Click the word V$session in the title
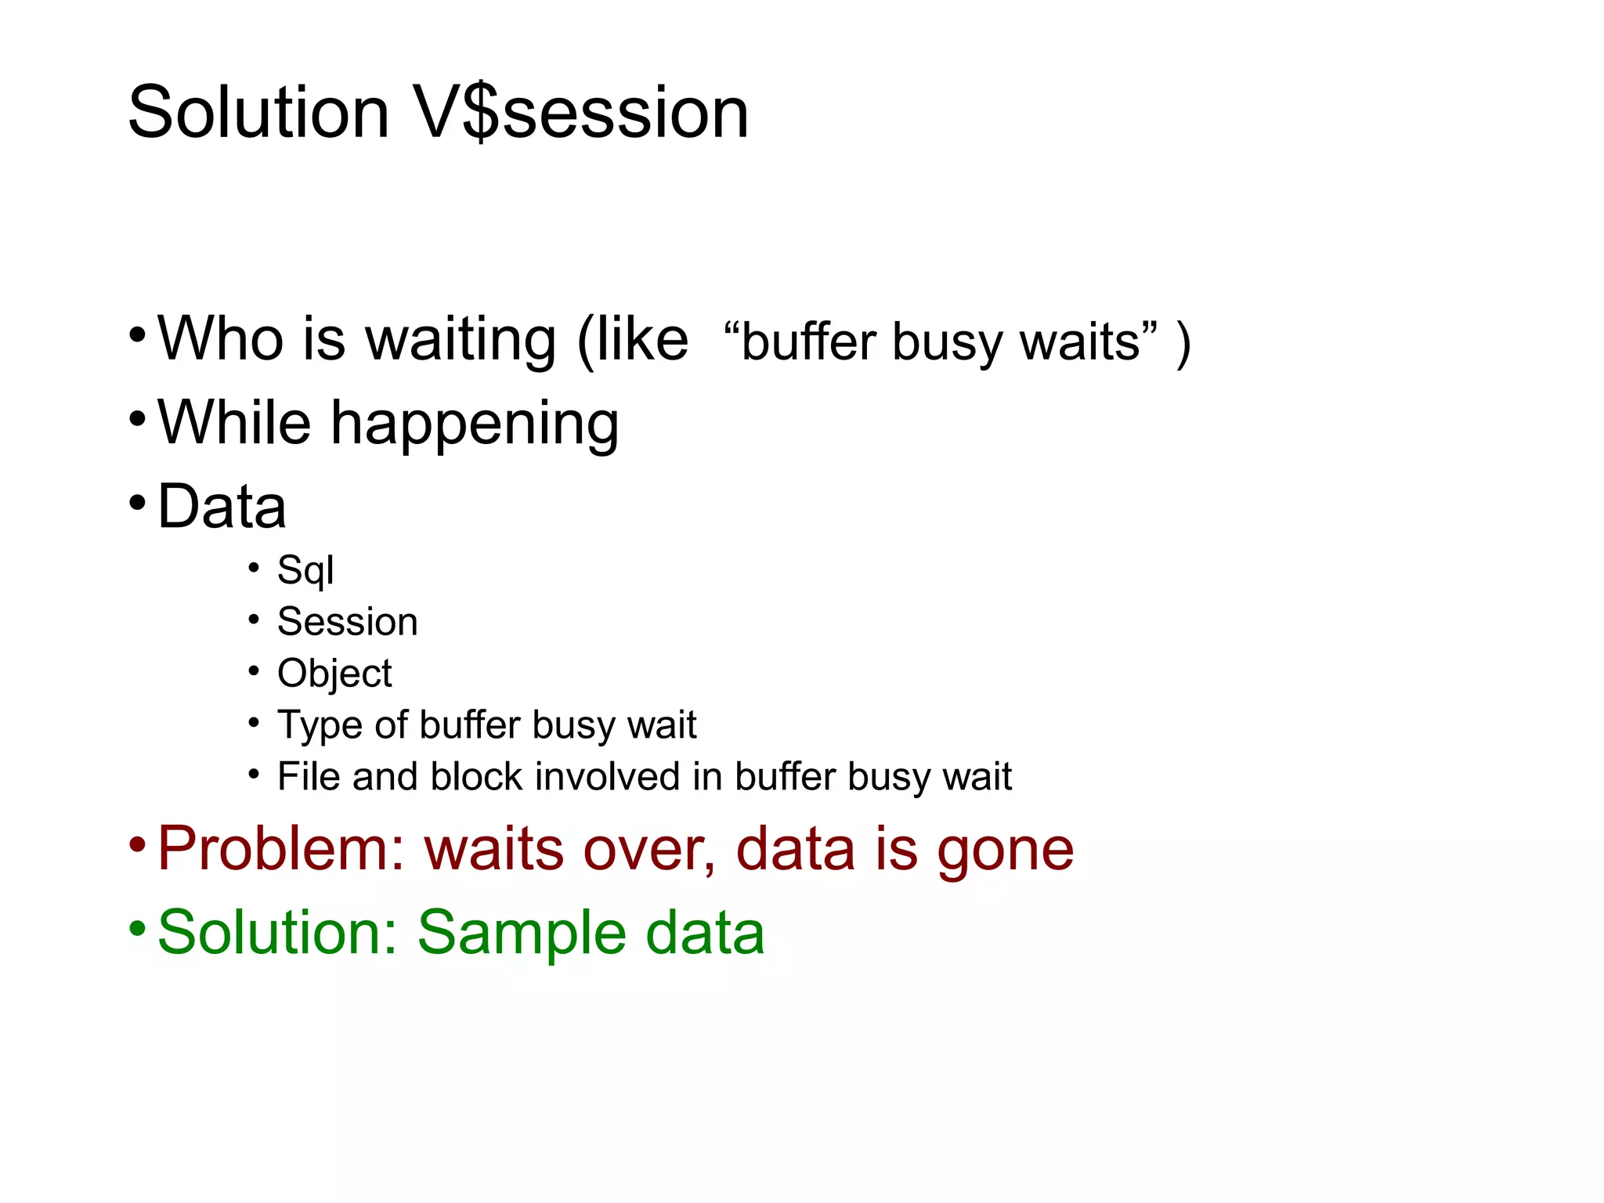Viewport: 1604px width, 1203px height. pyautogui.click(x=581, y=114)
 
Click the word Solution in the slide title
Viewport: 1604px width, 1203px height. pyautogui.click(x=258, y=114)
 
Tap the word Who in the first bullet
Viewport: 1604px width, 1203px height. pyautogui.click(x=220, y=339)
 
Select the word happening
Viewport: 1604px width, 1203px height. pyautogui.click(x=475, y=424)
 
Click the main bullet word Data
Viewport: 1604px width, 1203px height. pyautogui.click(x=222, y=507)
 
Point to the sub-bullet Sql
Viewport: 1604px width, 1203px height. pyautogui.click(x=305, y=570)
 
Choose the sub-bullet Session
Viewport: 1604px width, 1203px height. pyautogui.click(x=348, y=622)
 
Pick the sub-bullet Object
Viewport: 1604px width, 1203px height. pyautogui.click(x=334, y=674)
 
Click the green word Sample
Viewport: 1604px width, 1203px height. pyautogui.click(x=520, y=934)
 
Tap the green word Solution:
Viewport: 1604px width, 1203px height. pyautogui.click(x=279, y=932)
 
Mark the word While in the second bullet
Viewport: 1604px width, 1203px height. pyautogui.click(x=234, y=423)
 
